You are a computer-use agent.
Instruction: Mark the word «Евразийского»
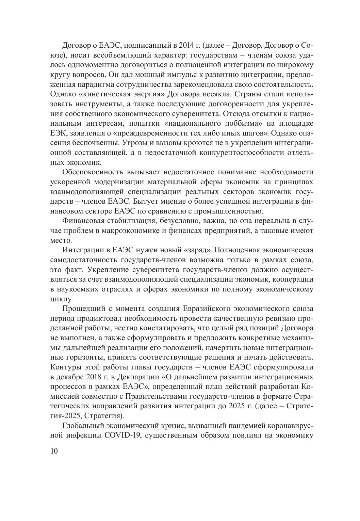coord(206,309)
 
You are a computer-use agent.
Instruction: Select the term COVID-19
coord(117,436)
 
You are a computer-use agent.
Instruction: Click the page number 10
coord(54,451)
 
